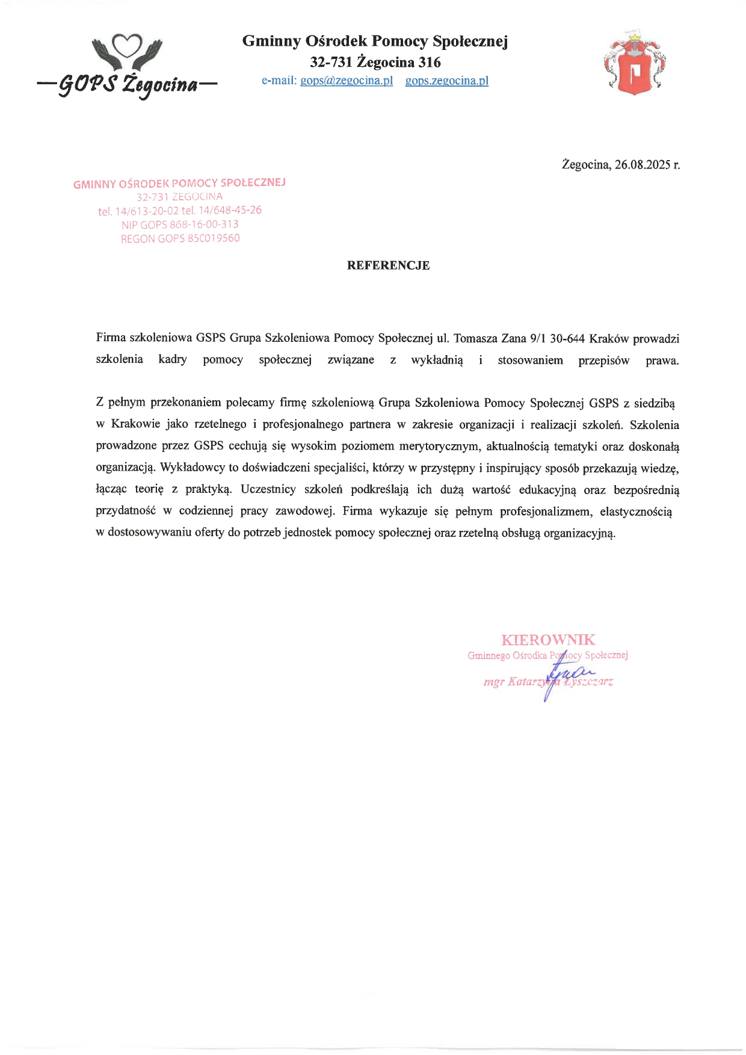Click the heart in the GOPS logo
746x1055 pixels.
click(128, 45)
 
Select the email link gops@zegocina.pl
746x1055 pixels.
click(346, 81)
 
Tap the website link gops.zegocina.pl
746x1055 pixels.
click(446, 81)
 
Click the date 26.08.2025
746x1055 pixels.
click(642, 165)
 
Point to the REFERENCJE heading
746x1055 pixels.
click(388, 265)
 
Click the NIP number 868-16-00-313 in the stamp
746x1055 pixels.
click(204, 224)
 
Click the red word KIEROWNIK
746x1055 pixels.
click(548, 640)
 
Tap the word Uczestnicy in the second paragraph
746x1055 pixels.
click(268, 489)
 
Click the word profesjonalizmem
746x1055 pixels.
click(546, 512)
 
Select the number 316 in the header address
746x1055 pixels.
click(430, 63)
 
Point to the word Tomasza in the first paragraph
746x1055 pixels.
click(475, 339)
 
